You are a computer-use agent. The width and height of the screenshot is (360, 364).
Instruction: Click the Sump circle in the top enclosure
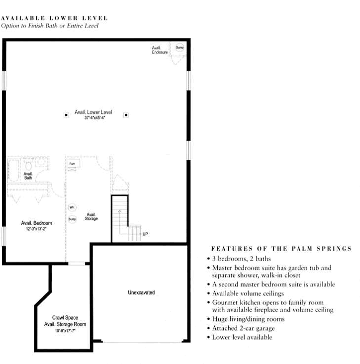coord(180,48)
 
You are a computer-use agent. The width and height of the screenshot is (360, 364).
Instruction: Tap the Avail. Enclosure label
coord(160,50)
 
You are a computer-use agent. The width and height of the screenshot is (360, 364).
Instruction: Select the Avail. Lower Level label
coord(93,112)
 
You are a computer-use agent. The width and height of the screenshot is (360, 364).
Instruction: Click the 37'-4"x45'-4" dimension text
coord(95,118)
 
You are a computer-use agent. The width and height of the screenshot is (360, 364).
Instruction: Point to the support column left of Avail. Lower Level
coord(65,115)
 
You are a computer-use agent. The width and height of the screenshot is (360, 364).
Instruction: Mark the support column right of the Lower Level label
coord(126,115)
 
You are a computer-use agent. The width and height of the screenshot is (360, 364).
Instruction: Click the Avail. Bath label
coord(28,176)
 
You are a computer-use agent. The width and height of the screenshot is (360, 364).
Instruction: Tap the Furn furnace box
coord(73,163)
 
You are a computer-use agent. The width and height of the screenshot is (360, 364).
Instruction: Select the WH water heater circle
coord(72,207)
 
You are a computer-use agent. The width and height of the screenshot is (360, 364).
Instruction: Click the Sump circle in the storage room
coord(72,219)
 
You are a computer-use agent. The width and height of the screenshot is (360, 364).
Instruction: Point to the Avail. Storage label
coord(91,216)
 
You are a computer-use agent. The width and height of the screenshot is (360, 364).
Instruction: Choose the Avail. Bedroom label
coord(36,223)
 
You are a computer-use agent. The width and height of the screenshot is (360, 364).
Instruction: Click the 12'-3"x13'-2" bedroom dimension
coord(36,230)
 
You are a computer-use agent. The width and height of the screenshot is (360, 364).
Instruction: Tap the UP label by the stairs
coord(145,234)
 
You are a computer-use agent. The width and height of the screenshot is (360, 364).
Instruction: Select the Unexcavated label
coord(141,293)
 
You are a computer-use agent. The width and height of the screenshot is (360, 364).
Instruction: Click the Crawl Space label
coord(65,317)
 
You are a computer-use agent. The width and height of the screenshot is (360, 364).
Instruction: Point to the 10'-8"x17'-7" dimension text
coord(65,329)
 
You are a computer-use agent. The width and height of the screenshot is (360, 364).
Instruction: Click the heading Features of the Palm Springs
coord(281,249)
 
